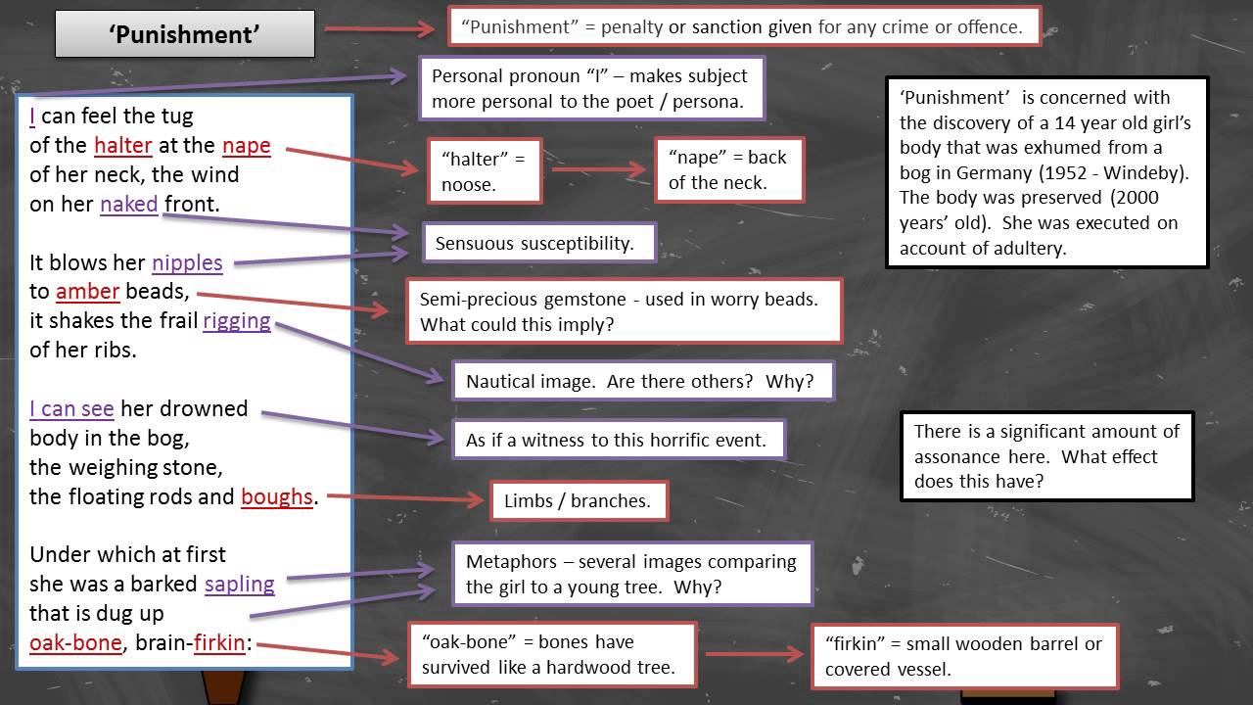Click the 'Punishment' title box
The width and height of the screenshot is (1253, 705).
pyautogui.click(x=185, y=34)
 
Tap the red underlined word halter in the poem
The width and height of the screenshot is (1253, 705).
pyautogui.click(x=123, y=146)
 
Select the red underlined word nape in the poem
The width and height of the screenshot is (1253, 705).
pyautogui.click(x=246, y=146)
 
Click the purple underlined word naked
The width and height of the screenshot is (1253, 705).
pyautogui.click(x=128, y=204)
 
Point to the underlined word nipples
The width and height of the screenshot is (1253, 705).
pyautogui.click(x=187, y=262)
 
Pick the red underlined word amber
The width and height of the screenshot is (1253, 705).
pyautogui.click(x=87, y=292)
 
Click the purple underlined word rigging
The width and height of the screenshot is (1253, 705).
pyautogui.click(x=236, y=321)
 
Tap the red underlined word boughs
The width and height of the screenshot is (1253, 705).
pyautogui.click(x=276, y=496)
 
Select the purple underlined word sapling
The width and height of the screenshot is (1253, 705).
pyautogui.click(x=239, y=584)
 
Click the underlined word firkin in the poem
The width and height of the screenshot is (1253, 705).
pyautogui.click(x=219, y=643)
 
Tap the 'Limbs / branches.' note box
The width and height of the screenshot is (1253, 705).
pyautogui.click(x=579, y=500)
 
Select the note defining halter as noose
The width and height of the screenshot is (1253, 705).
pyautogui.click(x=485, y=170)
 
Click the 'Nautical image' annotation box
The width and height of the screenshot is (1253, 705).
pyautogui.click(x=642, y=381)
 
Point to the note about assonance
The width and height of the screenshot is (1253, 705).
pyautogui.click(x=1046, y=456)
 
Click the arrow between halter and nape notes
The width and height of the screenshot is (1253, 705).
pyautogui.click(x=598, y=169)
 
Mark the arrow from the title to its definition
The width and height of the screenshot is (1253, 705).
pyautogui.click(x=380, y=28)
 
